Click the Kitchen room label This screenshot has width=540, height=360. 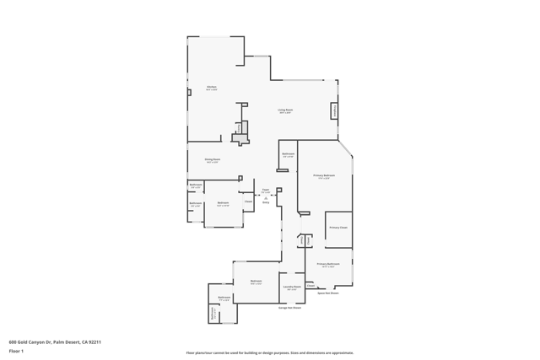click(212, 88)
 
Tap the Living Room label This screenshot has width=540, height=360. click(285, 110)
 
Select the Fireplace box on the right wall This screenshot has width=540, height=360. click(334, 111)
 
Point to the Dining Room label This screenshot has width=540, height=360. click(212, 159)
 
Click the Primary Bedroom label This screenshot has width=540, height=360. click(324, 176)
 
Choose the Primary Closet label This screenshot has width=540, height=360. click(337, 228)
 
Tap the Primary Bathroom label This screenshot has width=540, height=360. click(327, 265)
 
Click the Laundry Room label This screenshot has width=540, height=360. click(291, 287)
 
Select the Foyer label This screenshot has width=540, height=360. click(266, 191)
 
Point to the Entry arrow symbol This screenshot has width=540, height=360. click(266, 198)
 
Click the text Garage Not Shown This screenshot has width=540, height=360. click(290, 308)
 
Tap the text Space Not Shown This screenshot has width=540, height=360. click(327, 293)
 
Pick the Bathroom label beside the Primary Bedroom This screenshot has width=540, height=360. click(288, 154)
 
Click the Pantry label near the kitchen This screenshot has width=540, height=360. click(239, 127)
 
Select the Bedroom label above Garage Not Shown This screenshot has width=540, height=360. click(256, 282)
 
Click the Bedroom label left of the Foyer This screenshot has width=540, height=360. click(223, 203)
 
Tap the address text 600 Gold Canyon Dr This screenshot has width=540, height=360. click(55, 341)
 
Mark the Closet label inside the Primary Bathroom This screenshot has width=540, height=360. click(310, 286)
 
